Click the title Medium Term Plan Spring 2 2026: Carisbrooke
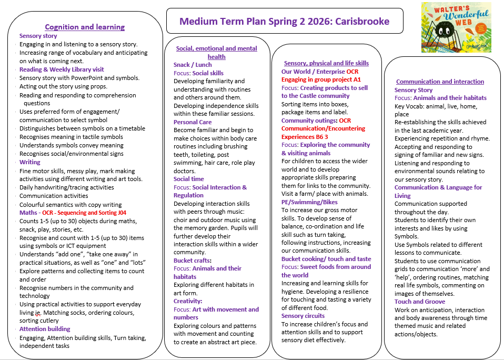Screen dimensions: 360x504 [284, 22]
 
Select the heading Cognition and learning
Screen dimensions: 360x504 [85, 27]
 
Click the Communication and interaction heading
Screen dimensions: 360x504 [440, 82]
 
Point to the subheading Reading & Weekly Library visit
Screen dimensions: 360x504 [62, 69]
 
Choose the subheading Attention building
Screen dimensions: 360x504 [45, 329]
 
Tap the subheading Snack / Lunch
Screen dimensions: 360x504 [193, 65]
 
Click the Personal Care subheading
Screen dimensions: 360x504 [193, 122]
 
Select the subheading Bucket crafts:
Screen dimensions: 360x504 [193, 261]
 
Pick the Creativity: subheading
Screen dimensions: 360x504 [188, 301]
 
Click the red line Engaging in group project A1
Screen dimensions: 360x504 [321, 79]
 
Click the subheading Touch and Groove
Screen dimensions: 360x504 [420, 302]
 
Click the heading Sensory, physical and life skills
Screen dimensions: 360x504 [326, 63]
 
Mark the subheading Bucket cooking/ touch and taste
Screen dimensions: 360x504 [326, 259]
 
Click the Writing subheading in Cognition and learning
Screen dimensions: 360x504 [29, 162]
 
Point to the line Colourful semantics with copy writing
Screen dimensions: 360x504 [70, 205]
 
